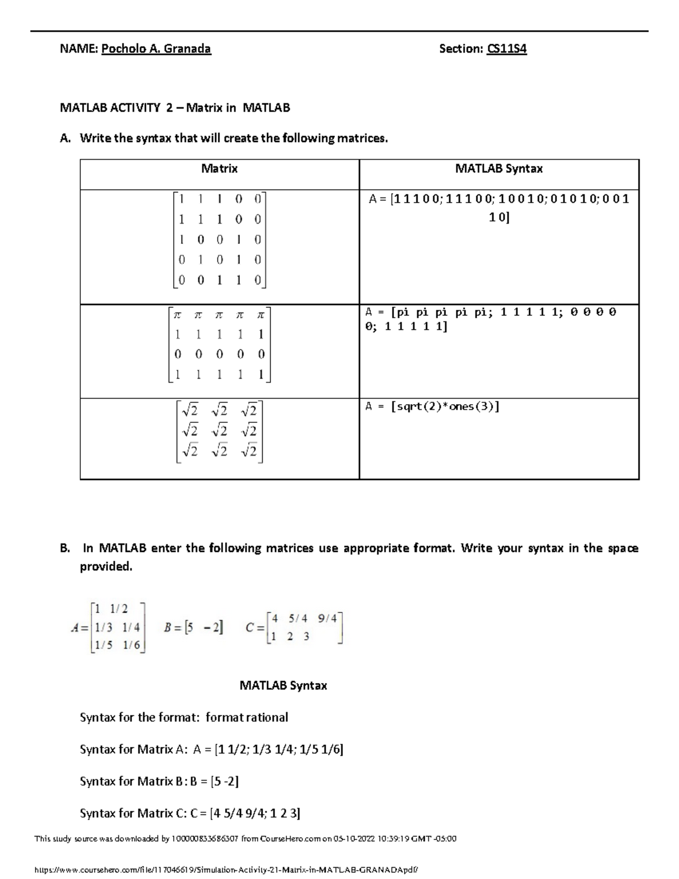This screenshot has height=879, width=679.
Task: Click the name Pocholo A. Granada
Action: click(x=156, y=49)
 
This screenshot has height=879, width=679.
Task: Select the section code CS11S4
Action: click(x=506, y=49)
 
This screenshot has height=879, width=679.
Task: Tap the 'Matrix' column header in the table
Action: click(x=220, y=169)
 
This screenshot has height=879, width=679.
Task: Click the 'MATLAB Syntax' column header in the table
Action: click(x=499, y=169)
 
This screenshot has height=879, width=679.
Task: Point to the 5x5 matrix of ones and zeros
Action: click(x=220, y=239)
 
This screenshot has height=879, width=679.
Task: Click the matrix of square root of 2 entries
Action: click(x=220, y=431)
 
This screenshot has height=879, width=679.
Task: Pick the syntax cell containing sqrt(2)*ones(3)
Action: click(x=432, y=406)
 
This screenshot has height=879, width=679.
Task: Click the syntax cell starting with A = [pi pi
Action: click(x=491, y=319)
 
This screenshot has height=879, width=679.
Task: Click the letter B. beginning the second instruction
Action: click(x=65, y=548)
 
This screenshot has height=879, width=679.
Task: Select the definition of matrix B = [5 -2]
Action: click(x=193, y=628)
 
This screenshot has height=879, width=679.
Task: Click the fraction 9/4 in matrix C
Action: click(x=327, y=619)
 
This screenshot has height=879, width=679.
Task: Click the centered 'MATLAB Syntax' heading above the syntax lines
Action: click(x=283, y=685)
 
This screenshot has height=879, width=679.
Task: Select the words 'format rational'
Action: click(x=247, y=718)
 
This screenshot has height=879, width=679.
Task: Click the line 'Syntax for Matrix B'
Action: click(x=159, y=782)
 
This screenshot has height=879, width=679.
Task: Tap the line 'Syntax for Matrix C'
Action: click(x=190, y=813)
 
